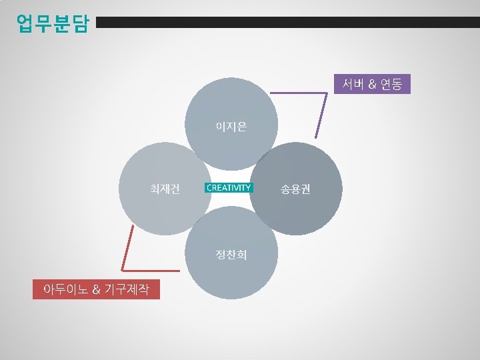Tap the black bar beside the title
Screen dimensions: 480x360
point(287,23)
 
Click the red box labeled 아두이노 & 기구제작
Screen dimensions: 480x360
point(96,290)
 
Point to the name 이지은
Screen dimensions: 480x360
point(231,126)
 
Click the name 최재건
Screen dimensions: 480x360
point(164,188)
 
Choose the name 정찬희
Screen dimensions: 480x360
point(231,255)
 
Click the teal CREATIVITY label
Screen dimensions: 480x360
point(229,188)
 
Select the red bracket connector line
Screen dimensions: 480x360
point(129,247)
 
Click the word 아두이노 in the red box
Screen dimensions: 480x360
point(63,290)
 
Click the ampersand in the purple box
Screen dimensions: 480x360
point(372,84)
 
